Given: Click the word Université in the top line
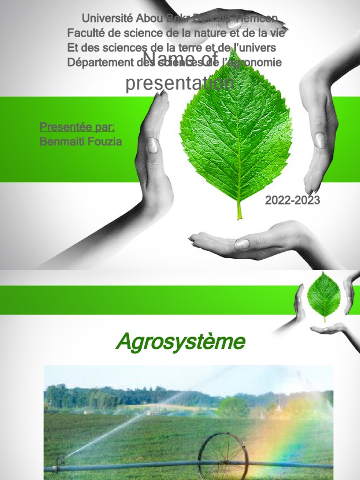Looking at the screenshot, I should (107, 19).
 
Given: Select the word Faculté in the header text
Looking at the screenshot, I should (86, 33).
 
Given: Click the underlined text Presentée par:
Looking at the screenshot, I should (77, 127).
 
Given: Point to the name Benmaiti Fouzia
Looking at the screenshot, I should (81, 142).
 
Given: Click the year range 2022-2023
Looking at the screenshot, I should (292, 201).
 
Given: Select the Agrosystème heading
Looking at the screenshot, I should (180, 342).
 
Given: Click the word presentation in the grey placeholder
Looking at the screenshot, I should (180, 83).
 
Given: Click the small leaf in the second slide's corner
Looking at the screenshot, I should (323, 296).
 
